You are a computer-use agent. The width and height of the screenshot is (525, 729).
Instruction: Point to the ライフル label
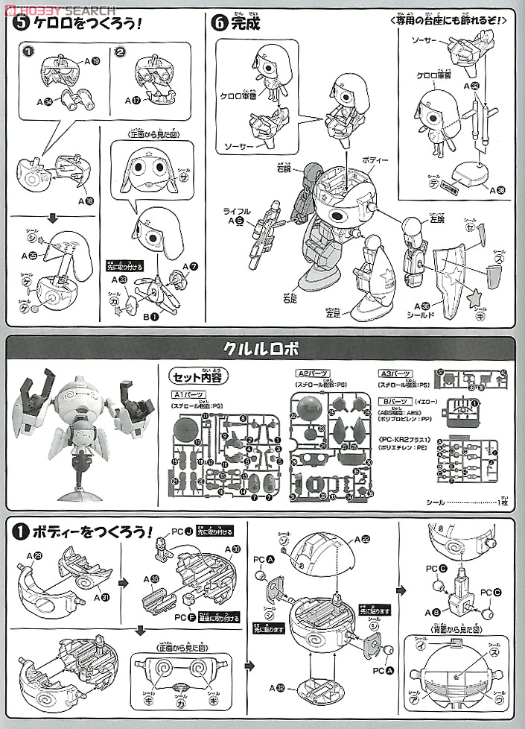[x=232, y=211]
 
